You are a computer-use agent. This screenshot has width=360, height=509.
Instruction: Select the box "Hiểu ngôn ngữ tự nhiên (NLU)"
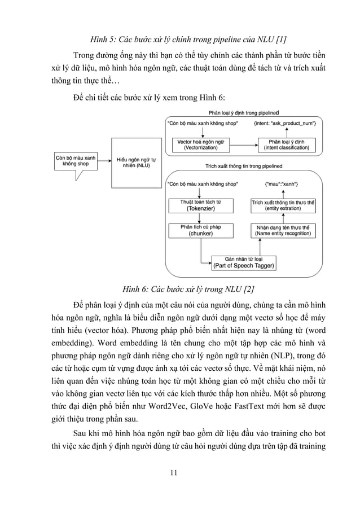click(x=136, y=163)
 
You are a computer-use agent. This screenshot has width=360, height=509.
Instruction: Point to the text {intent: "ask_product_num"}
click(x=288, y=123)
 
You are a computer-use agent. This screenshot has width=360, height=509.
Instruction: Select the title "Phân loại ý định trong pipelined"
click(x=243, y=112)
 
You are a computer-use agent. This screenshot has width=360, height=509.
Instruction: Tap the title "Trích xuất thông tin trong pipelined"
click(x=243, y=166)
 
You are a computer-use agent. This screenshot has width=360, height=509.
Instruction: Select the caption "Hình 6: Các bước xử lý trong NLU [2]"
click(x=180, y=290)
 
